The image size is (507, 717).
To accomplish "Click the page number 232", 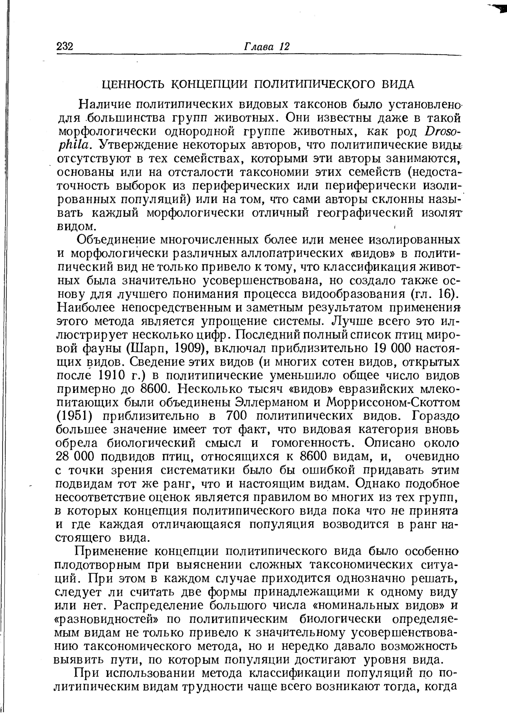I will click(x=65, y=46).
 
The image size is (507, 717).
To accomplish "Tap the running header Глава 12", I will click(x=267, y=46).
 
